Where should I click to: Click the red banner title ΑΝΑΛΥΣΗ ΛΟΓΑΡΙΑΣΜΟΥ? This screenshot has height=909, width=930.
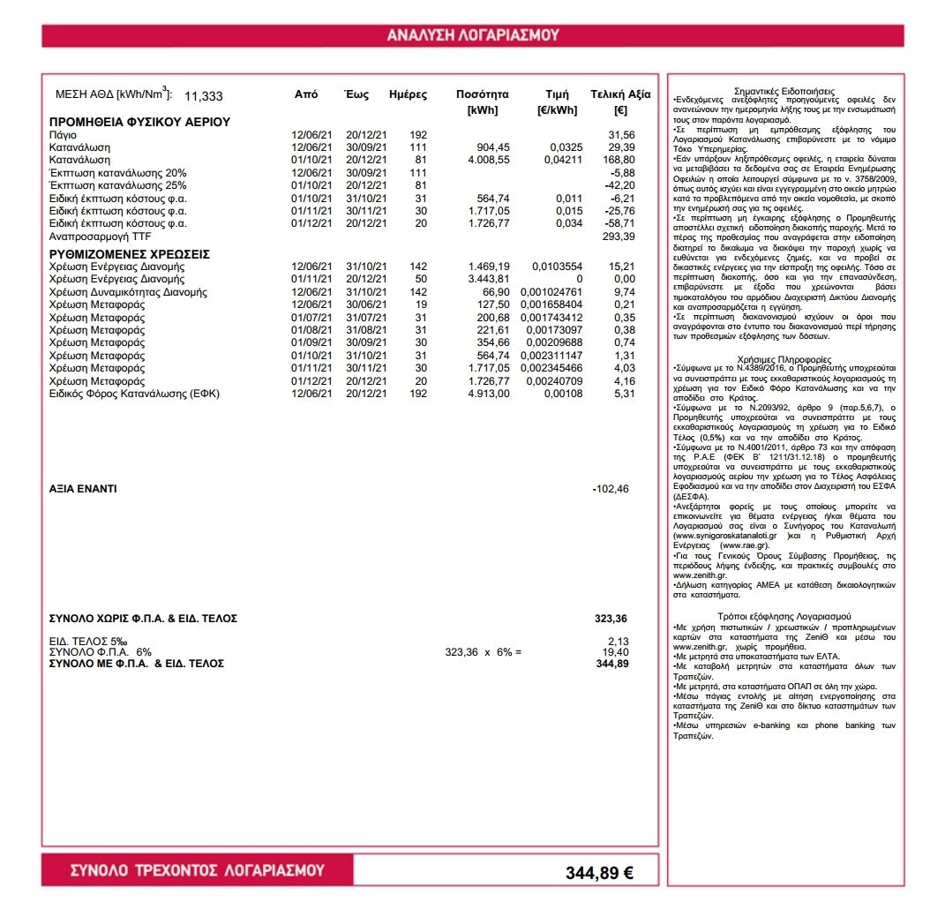(x=473, y=35)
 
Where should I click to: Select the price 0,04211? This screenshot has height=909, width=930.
(x=558, y=160)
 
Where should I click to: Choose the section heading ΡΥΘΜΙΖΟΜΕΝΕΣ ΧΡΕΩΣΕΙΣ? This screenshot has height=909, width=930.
(x=129, y=253)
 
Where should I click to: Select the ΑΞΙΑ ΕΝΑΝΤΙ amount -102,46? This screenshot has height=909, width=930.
(x=610, y=488)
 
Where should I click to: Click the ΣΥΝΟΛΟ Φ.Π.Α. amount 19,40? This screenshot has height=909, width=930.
(x=616, y=651)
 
